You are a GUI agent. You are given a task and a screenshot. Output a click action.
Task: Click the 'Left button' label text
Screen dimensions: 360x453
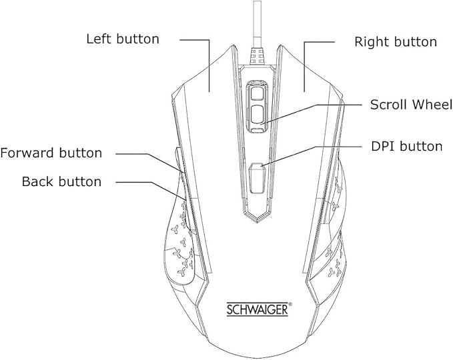click(x=123, y=39)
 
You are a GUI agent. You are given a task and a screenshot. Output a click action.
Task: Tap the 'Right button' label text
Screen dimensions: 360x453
click(x=396, y=42)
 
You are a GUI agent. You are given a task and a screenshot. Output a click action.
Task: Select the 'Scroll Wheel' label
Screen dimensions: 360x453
click(x=412, y=105)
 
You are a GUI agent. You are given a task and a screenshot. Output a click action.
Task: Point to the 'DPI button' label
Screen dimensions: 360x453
click(x=406, y=146)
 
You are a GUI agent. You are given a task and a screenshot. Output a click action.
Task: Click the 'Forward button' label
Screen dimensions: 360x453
click(x=51, y=153)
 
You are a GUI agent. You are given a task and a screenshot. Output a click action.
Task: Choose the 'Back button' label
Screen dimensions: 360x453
click(x=61, y=181)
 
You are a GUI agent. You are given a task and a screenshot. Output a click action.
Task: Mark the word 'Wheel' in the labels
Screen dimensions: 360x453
click(x=433, y=105)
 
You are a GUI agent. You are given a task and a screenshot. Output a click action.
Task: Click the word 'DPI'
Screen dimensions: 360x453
click(x=382, y=146)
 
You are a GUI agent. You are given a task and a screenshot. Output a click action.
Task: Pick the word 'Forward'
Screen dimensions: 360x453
click(x=27, y=153)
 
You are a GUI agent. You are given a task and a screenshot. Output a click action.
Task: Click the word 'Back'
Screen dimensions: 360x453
click(x=36, y=181)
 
